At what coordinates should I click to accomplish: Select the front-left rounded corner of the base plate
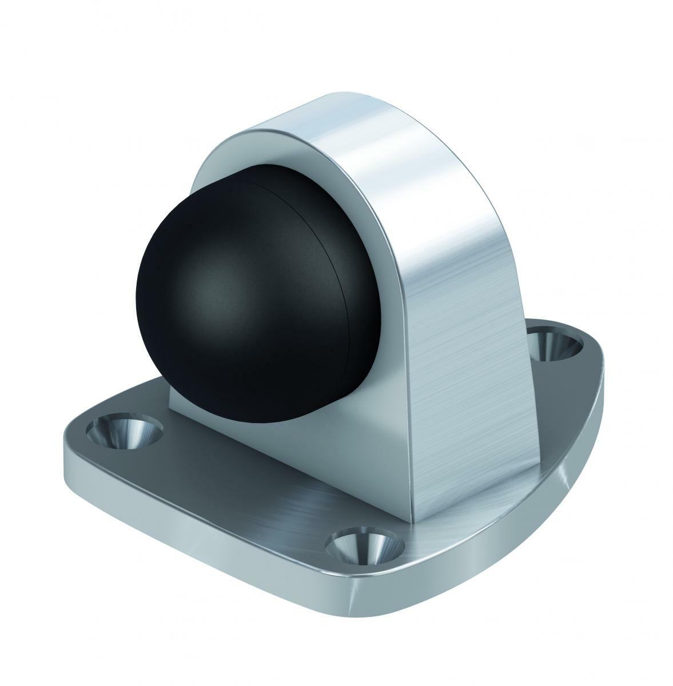(x=74, y=452)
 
